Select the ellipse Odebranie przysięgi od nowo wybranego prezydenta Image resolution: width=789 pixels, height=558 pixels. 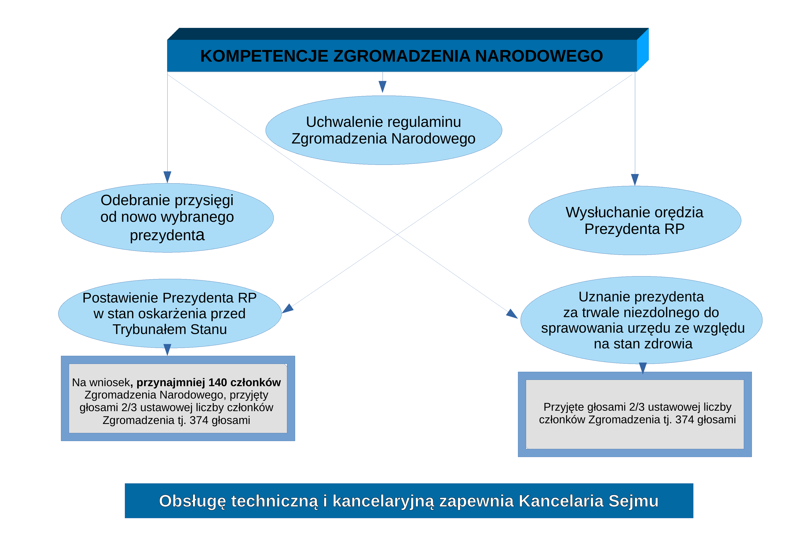(x=167, y=218)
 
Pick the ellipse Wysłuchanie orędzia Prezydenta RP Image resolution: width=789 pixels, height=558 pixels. (x=635, y=220)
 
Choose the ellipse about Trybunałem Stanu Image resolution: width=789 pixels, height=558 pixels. (x=170, y=313)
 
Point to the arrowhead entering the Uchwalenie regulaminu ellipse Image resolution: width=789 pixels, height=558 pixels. (x=383, y=87)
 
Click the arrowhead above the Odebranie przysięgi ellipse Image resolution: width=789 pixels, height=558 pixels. (x=167, y=177)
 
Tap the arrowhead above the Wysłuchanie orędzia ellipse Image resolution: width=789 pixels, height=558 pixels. (x=635, y=180)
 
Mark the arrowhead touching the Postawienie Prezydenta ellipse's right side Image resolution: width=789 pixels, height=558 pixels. (x=288, y=309)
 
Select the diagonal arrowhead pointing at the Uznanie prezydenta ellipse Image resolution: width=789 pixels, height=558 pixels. (x=512, y=314)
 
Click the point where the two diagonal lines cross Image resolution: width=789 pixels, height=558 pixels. (x=398, y=234)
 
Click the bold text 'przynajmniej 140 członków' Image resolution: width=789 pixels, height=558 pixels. (x=208, y=382)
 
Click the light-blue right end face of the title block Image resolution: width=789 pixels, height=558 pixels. (x=643, y=50)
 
